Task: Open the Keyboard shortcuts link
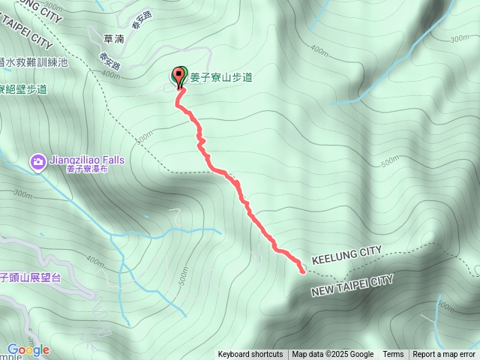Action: pyautogui.click(x=250, y=355)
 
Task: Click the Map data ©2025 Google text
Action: pyautogui.click(x=333, y=355)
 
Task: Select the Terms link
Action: pyautogui.click(x=393, y=355)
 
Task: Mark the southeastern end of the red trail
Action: pyautogui.click(x=303, y=271)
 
